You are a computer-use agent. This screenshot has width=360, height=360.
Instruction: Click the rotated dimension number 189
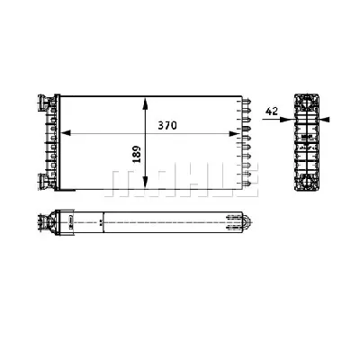136,154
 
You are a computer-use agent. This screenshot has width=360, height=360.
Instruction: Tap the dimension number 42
270,112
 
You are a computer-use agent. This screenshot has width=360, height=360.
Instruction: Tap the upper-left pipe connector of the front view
42,100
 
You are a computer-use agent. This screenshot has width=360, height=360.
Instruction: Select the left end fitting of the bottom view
65,220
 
